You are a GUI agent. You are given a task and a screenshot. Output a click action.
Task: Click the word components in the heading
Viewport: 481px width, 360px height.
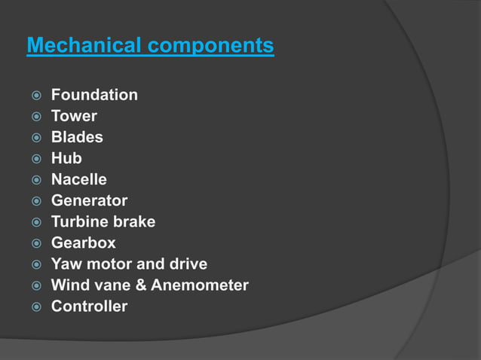pyautogui.click(x=210, y=47)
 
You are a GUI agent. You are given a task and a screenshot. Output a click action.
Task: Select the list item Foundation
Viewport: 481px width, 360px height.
pyautogui.click(x=94, y=95)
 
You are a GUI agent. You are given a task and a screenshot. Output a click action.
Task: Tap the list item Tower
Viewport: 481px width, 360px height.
pyautogui.click(x=74, y=116)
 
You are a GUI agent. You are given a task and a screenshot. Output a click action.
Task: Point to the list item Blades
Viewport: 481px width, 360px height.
pyautogui.click(x=77, y=137)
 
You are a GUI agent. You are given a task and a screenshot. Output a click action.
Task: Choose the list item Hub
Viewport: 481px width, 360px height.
pyautogui.click(x=66, y=158)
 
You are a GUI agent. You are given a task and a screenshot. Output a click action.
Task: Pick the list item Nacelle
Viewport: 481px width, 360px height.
pyautogui.click(x=79, y=179)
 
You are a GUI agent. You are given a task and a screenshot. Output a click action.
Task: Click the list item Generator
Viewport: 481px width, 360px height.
pyautogui.click(x=89, y=200)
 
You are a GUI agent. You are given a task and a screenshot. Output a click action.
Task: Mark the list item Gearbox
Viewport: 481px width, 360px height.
pyautogui.click(x=84, y=243)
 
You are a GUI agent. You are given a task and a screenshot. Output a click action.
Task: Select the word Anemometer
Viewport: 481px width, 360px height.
pyautogui.click(x=200, y=285)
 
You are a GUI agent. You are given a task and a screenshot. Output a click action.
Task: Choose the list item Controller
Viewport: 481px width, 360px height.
pyautogui.click(x=89, y=307)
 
